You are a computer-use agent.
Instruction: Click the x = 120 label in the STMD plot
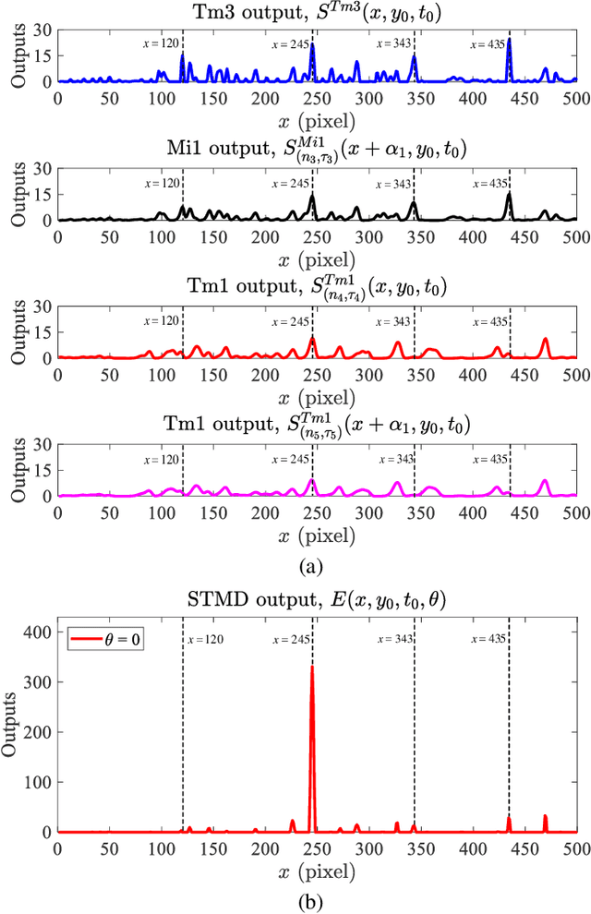pos(204,639)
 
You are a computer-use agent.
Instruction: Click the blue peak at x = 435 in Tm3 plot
pos(509,40)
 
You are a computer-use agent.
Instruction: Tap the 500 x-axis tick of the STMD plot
pos(575,847)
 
